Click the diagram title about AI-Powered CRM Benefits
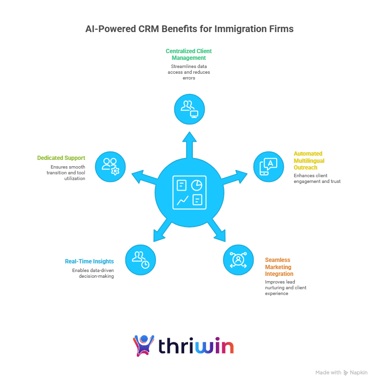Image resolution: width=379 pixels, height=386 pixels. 189,29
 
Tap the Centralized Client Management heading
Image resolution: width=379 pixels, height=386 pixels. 189,54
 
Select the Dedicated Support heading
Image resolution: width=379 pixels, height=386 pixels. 61,158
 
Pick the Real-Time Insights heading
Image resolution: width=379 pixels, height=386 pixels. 89,261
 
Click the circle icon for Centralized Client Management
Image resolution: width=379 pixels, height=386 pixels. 189,109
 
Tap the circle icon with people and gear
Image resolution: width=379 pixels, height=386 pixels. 111,167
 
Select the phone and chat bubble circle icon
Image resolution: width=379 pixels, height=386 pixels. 268,167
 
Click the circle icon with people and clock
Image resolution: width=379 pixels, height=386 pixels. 141,260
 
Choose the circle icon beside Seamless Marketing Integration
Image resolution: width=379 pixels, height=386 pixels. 238,260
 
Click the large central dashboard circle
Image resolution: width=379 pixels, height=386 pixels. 189,193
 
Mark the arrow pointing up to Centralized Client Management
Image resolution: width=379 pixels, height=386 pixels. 189,144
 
